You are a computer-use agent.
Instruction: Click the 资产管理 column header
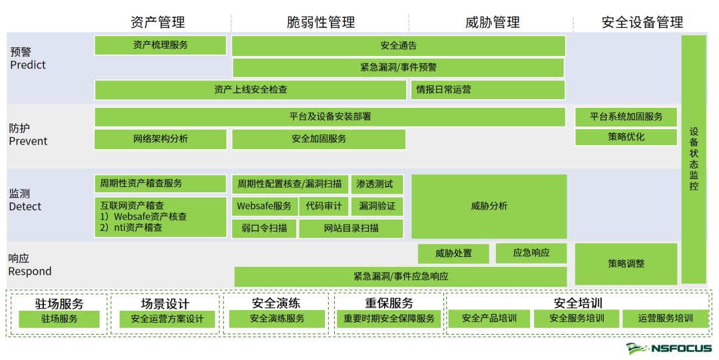coord(158,23)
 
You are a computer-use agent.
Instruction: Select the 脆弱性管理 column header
coord(321,23)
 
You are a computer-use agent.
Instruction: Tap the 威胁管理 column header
coord(492,23)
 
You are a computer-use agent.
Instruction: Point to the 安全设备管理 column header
coord(642,23)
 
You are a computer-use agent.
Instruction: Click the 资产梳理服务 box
coord(160,45)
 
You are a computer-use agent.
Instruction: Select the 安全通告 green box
coord(399,46)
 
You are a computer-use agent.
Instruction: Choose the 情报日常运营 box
coord(487,89)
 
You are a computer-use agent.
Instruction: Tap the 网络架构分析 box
coord(160,139)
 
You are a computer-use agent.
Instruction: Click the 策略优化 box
coord(626,137)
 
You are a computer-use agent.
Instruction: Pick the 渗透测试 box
coord(377,184)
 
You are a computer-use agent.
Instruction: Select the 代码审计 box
coord(324,206)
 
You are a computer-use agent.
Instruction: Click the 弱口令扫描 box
coord(264,228)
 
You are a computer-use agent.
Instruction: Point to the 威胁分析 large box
coord(489,206)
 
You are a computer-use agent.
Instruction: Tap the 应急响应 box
coord(531,253)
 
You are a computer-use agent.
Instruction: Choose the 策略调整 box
coord(626,264)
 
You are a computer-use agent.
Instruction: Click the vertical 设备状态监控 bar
coord(694,159)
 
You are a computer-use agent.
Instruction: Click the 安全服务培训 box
coord(577,319)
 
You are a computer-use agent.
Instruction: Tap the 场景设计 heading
coord(165,304)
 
